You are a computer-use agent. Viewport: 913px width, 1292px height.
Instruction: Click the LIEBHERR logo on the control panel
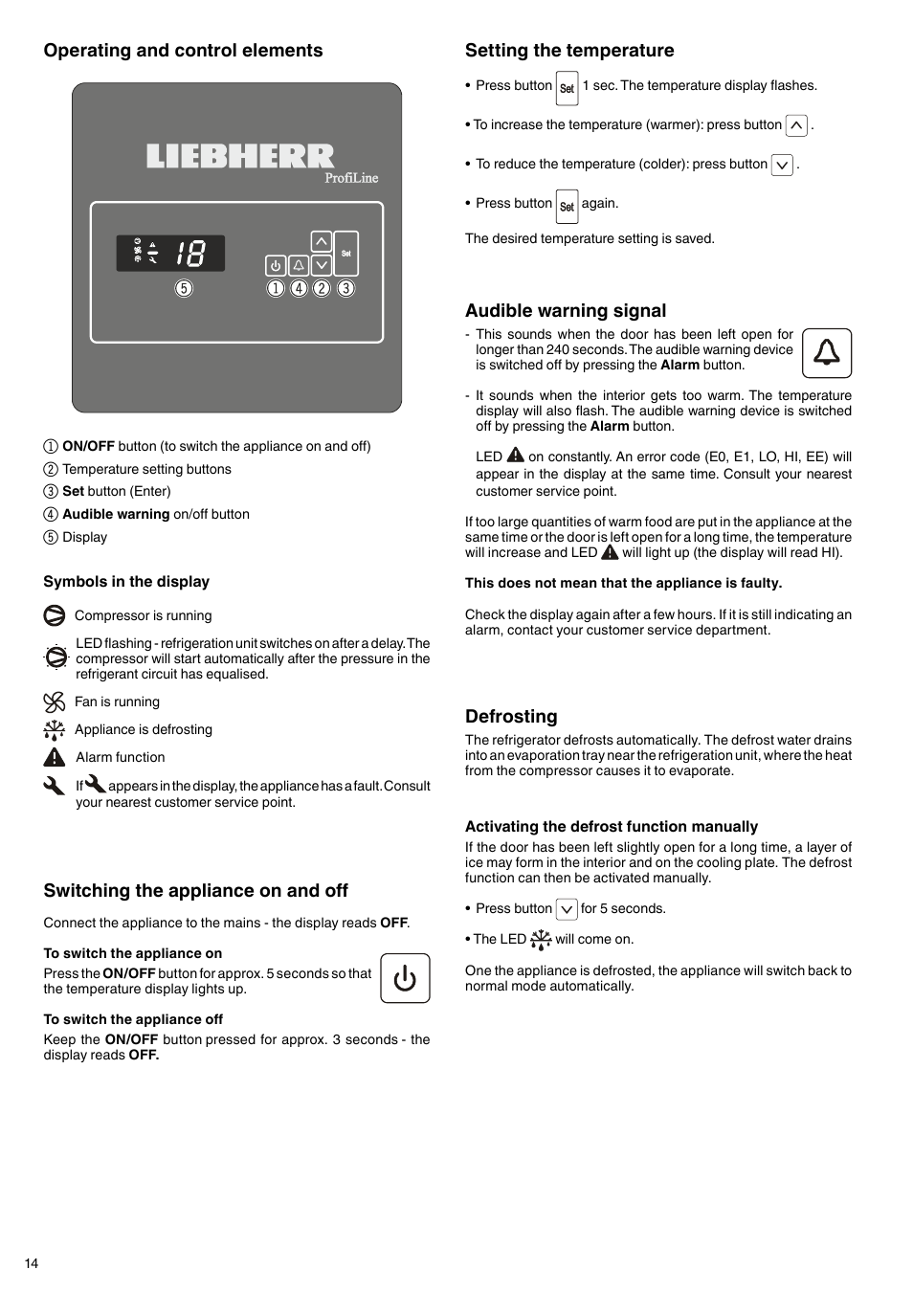click(x=240, y=157)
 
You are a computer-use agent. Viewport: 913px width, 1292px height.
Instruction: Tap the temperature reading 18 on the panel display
click(x=190, y=253)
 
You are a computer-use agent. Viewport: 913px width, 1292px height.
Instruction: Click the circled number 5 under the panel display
click(x=184, y=288)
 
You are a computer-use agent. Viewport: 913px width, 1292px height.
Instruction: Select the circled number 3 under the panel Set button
click(x=345, y=288)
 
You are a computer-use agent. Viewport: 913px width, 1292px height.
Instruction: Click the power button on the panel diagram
click(x=276, y=265)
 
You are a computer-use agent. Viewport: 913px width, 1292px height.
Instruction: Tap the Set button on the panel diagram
click(x=345, y=254)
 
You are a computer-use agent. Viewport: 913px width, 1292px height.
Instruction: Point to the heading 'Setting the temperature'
click(x=569, y=51)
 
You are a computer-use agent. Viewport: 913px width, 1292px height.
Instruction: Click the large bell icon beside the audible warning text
click(x=826, y=353)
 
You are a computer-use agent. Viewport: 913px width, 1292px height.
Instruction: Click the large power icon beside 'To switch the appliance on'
click(x=405, y=978)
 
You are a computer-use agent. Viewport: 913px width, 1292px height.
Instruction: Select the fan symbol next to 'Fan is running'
click(x=55, y=702)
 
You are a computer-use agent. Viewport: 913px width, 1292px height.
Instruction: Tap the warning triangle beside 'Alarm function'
click(x=55, y=757)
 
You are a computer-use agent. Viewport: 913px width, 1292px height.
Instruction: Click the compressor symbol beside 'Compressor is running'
click(x=55, y=615)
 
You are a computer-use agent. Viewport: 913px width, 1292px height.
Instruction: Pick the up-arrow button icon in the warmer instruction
click(x=796, y=125)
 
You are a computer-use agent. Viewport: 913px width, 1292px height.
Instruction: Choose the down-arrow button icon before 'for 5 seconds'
click(x=567, y=909)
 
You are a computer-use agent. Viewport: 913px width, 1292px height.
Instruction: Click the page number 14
click(x=32, y=1263)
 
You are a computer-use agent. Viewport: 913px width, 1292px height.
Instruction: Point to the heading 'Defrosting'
click(x=511, y=717)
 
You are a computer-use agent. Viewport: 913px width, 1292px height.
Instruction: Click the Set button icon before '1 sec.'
click(x=567, y=88)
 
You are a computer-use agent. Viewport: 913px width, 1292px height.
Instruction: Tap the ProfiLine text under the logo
click(x=351, y=178)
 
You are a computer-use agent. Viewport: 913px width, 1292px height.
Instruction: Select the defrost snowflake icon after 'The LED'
click(x=541, y=940)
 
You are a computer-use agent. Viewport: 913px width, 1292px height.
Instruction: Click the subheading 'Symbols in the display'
click(x=126, y=582)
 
